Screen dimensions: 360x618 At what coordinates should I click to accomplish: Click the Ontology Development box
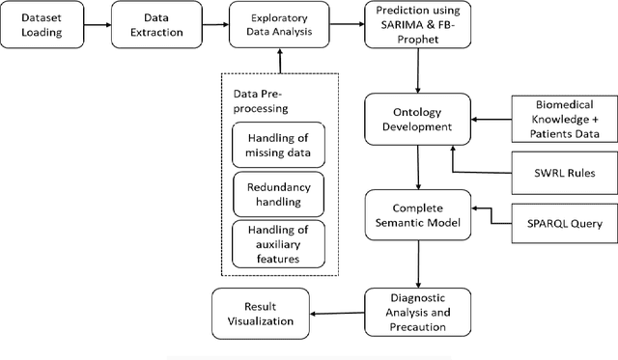[417, 121]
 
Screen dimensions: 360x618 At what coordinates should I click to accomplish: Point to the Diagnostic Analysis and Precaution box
[417, 312]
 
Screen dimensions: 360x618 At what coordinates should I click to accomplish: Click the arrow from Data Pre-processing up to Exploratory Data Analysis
[278, 61]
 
